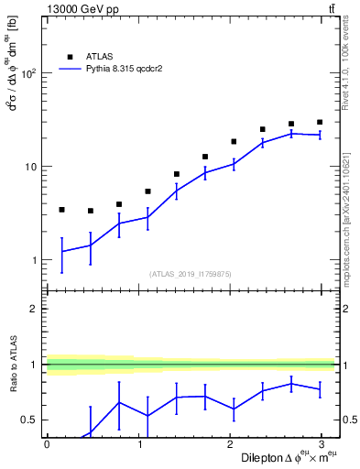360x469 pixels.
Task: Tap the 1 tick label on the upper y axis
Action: [34, 261]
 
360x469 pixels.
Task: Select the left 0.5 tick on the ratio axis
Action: [30, 420]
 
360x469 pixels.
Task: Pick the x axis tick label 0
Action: [47, 444]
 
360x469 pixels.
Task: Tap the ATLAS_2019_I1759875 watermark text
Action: [191, 273]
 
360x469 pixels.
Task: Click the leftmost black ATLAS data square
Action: [61, 210]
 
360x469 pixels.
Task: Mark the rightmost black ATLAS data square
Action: [320, 122]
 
